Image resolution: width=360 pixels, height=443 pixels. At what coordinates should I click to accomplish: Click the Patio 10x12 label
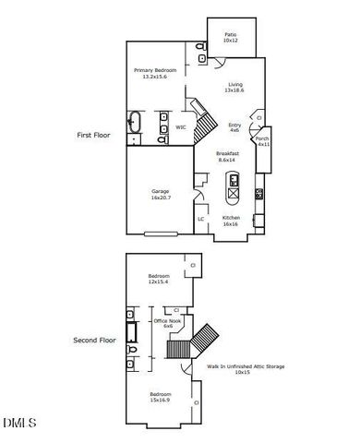(x=231, y=38)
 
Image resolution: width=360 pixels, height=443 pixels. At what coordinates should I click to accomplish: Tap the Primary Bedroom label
(x=154, y=74)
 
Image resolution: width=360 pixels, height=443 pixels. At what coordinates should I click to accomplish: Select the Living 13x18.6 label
(x=235, y=88)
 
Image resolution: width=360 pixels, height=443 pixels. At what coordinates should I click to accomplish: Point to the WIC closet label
(x=182, y=127)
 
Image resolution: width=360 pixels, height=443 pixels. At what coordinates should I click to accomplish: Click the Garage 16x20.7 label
(x=162, y=195)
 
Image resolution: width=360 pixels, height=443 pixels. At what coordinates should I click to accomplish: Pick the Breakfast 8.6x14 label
(x=227, y=156)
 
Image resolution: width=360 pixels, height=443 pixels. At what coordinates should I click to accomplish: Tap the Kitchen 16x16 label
(x=231, y=221)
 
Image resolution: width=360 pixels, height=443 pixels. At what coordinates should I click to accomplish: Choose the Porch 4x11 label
(x=263, y=141)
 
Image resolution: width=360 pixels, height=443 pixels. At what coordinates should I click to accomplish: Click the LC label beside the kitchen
(x=201, y=219)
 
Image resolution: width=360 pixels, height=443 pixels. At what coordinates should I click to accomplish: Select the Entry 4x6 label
(x=234, y=127)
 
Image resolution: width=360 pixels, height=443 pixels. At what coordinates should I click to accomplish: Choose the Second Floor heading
(x=93, y=340)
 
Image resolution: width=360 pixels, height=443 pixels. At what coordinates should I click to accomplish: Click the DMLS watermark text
(x=19, y=423)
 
